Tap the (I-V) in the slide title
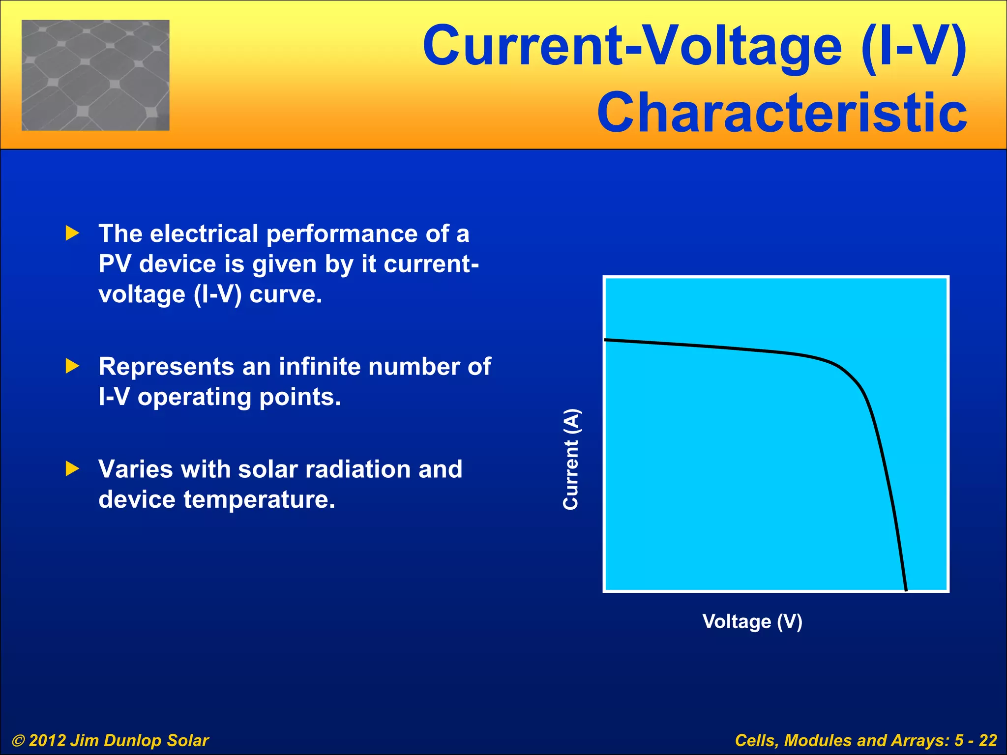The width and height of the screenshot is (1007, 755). (x=914, y=47)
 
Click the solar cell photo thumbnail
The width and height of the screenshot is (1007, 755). (x=95, y=75)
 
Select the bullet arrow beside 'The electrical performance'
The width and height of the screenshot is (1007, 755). (x=72, y=233)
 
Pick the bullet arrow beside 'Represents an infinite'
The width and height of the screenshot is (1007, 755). (x=72, y=366)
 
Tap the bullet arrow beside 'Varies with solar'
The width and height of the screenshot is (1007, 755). (x=72, y=468)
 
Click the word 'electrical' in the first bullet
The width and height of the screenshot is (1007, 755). (x=204, y=233)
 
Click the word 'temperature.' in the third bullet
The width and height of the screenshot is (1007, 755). (x=259, y=499)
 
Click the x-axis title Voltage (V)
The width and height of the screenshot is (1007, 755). (x=752, y=621)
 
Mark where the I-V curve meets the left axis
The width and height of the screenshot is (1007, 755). (x=606, y=340)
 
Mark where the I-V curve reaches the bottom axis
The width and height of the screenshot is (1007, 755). (x=906, y=589)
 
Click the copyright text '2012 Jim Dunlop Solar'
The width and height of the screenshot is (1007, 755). (x=118, y=740)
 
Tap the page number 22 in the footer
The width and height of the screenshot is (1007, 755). (x=987, y=740)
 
